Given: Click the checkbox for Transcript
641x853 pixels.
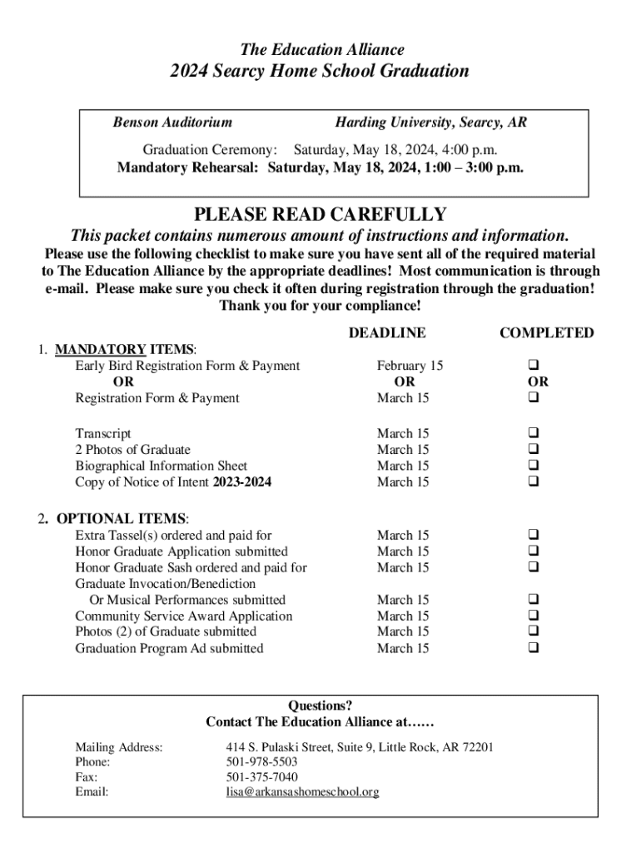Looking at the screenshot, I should [x=533, y=433].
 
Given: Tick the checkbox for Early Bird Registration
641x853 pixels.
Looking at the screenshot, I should [x=533, y=366].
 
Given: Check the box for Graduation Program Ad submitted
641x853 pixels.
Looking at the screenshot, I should [x=533, y=648].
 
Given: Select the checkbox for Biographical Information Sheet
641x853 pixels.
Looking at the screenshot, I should [x=533, y=466].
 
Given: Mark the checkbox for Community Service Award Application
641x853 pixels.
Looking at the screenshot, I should [x=533, y=616].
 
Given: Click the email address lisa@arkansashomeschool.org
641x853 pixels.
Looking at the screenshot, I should [x=302, y=792].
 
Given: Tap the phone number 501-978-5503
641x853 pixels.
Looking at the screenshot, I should [x=261, y=761].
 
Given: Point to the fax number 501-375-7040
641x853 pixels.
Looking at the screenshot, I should [x=261, y=777].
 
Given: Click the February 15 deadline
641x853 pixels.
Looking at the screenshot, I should [x=410, y=366].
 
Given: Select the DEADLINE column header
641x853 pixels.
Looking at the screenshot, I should [x=386, y=333].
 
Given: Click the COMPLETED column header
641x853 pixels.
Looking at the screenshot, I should [x=546, y=333].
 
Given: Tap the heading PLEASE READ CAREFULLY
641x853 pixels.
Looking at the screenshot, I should [x=320, y=215].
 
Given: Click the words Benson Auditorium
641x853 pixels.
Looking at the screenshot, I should [x=172, y=123].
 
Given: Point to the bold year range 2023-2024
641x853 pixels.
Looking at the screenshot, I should [x=242, y=481].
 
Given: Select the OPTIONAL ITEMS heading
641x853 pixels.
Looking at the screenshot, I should [x=122, y=519].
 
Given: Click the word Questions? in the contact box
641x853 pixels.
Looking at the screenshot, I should [x=320, y=706].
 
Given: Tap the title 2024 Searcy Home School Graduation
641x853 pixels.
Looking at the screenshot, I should [x=320, y=72].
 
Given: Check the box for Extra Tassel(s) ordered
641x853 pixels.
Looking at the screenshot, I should [x=533, y=535].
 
